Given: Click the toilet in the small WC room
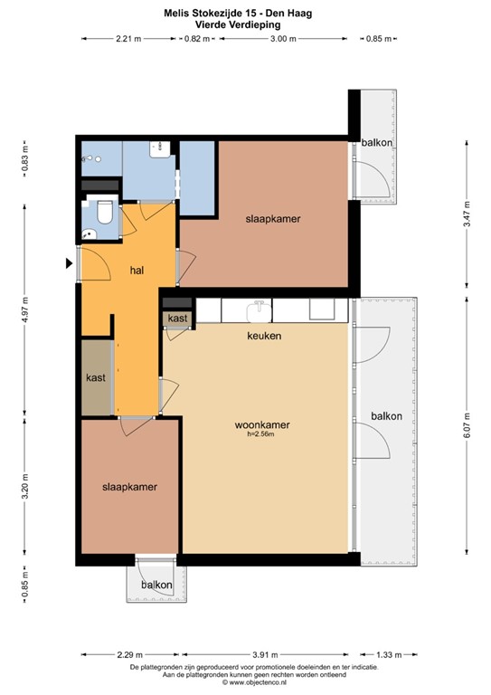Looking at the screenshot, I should pos(105,214).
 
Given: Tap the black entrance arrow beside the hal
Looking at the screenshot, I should pos(69,263).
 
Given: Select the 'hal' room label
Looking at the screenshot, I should pos(137,270).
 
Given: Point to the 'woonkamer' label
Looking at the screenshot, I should pos(261,424).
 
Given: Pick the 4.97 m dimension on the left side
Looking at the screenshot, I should pos(24,313).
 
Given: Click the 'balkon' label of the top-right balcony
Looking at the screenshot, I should pos(376,143).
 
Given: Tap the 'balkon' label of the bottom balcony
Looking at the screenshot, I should pos(156,586).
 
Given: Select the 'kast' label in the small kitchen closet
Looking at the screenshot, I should pos(178,319).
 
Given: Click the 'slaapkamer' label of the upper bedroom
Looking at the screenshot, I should pos(273,219).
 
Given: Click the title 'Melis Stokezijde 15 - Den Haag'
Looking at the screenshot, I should pos(245,13).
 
